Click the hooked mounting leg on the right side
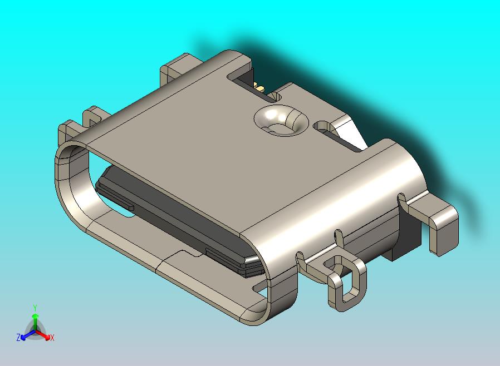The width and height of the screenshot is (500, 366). coord(440,222)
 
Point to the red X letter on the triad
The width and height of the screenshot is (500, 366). coord(52,338)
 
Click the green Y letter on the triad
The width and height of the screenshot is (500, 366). coord(35,307)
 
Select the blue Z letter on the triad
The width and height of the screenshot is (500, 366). coord(18,337)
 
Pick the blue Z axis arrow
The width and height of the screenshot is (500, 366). coord(26,335)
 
